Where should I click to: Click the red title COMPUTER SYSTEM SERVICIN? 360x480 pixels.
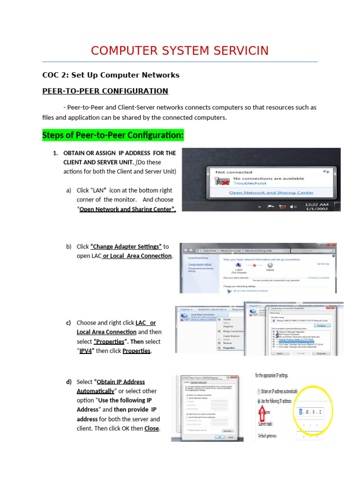click(180, 51)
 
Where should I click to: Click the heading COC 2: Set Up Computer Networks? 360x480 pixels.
click(111, 75)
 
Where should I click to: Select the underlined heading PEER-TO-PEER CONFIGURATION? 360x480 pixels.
click(105, 91)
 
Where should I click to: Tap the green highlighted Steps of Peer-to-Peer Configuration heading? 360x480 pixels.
click(113, 135)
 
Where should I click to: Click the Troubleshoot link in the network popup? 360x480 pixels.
click(250, 184)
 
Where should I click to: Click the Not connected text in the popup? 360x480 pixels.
click(233, 172)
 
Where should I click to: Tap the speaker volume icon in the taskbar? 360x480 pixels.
click(292, 207)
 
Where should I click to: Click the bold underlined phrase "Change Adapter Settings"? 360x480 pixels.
click(126, 247)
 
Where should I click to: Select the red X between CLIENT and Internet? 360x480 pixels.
click(254, 265)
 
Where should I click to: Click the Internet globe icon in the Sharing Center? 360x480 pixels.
click(270, 265)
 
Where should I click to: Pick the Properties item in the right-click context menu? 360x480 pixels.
click(229, 348)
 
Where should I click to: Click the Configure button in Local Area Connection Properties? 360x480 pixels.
click(321, 325)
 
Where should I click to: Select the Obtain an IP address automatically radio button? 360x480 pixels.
click(259, 391)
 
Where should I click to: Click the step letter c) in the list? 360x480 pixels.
click(68, 323)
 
